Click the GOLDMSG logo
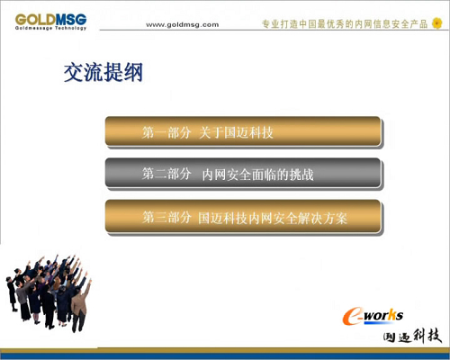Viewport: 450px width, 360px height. [x=50, y=22]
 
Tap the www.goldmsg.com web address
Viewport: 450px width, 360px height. [x=183, y=25]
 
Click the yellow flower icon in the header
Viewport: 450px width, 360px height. [x=437, y=23]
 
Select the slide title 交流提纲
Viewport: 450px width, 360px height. [x=103, y=72]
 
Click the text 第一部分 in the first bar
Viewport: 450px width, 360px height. [x=166, y=132]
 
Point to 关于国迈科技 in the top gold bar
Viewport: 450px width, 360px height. [x=236, y=132]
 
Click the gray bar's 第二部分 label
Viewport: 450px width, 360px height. [x=166, y=174]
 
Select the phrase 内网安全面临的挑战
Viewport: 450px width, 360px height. [x=258, y=175]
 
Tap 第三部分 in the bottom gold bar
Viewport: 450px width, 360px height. [x=166, y=217]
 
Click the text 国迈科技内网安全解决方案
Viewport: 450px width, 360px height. [x=273, y=218]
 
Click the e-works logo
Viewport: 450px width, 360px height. [x=373, y=316]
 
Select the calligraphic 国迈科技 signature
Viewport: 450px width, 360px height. [x=412, y=336]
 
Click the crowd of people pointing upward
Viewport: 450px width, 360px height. [x=49, y=292]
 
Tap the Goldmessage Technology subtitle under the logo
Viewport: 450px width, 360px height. [x=50, y=28]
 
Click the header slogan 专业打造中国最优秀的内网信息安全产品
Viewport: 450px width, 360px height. [x=345, y=24]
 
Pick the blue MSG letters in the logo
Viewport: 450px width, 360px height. [x=71, y=19]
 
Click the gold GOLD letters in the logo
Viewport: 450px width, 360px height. [x=35, y=20]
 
